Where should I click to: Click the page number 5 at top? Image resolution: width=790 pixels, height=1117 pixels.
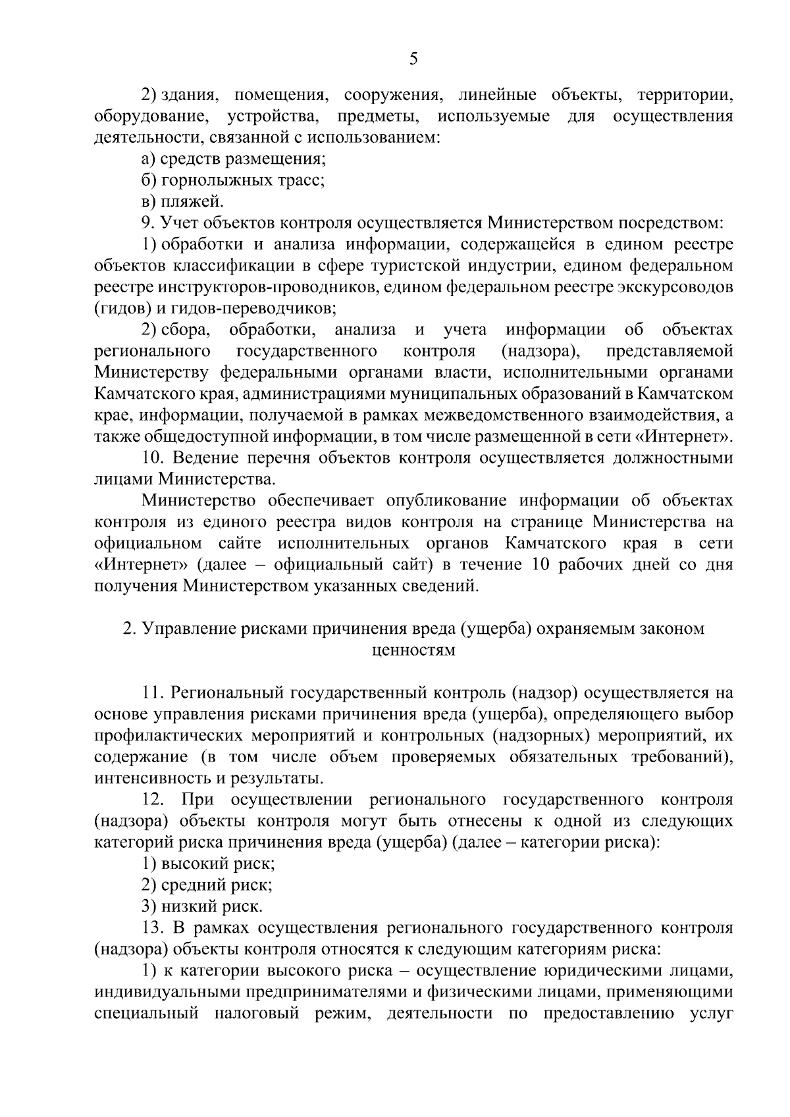413,60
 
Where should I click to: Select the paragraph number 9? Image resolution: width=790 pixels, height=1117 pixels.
147,223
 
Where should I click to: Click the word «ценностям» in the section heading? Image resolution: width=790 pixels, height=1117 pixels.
413,650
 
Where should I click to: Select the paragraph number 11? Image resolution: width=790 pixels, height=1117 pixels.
153,693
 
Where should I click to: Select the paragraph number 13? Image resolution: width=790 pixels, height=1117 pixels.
152,928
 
